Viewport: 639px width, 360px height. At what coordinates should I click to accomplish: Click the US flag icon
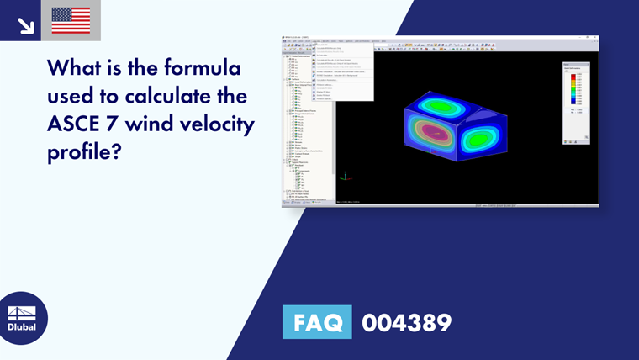(x=71, y=20)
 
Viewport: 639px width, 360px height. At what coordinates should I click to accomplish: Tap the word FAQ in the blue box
(x=317, y=322)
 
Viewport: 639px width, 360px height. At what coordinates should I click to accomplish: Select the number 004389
(x=406, y=322)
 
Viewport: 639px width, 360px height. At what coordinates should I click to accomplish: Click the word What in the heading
(x=77, y=66)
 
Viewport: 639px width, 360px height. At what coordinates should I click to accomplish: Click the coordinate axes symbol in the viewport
(x=345, y=176)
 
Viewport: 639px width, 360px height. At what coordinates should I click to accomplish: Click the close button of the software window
(x=595, y=37)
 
